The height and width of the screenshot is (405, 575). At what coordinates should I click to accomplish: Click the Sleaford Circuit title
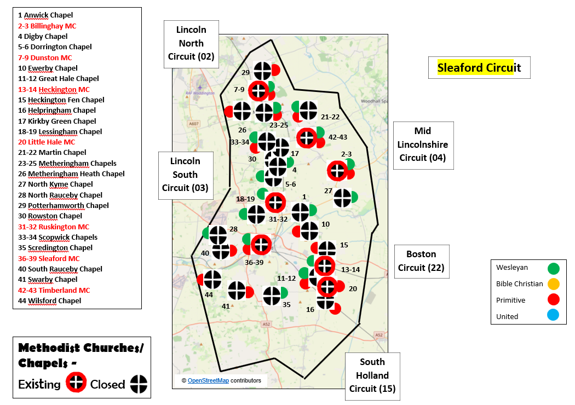[479, 67]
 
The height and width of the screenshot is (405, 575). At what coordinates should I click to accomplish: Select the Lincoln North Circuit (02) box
[191, 43]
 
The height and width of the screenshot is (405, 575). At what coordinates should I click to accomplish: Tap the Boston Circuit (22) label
[421, 261]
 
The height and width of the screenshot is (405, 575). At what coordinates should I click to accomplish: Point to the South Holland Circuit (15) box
[372, 375]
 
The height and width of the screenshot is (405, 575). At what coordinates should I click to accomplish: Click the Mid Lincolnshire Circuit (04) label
[423, 144]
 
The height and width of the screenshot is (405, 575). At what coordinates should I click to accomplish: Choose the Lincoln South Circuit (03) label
[185, 175]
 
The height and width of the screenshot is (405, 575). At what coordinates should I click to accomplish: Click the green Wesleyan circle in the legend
[554, 268]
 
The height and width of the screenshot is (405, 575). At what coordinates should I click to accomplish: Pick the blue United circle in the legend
[554, 316]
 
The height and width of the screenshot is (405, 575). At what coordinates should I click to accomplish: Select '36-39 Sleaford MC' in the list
[49, 258]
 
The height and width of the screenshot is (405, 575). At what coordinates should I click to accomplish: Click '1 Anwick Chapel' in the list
[45, 15]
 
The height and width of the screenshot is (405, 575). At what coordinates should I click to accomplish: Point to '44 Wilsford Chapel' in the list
[49, 300]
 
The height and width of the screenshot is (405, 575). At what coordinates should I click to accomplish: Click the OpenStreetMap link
[208, 380]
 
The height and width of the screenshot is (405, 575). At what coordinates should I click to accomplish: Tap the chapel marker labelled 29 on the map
[263, 71]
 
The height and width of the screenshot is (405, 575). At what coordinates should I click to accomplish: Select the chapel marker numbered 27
[343, 198]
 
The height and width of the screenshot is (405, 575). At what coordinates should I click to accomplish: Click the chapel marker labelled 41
[237, 291]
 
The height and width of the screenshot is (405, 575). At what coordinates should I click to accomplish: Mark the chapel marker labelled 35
[272, 296]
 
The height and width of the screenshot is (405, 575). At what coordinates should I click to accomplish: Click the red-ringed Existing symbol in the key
[77, 383]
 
